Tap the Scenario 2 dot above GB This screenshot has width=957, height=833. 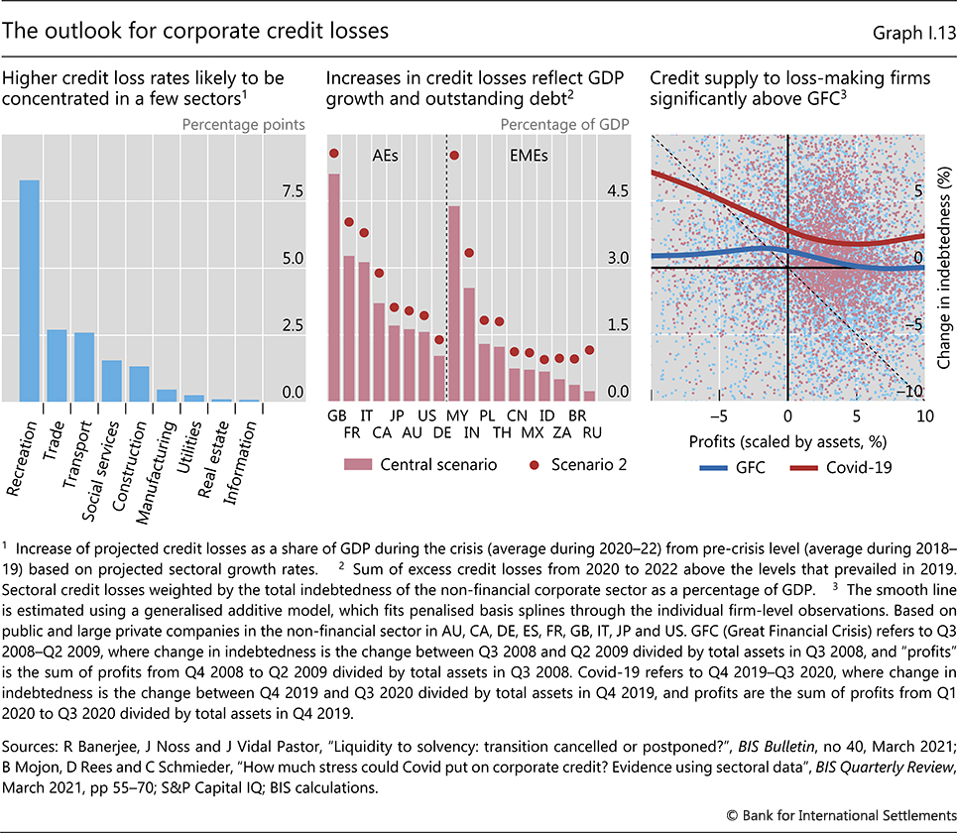334,153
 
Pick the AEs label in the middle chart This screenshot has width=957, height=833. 387,157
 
